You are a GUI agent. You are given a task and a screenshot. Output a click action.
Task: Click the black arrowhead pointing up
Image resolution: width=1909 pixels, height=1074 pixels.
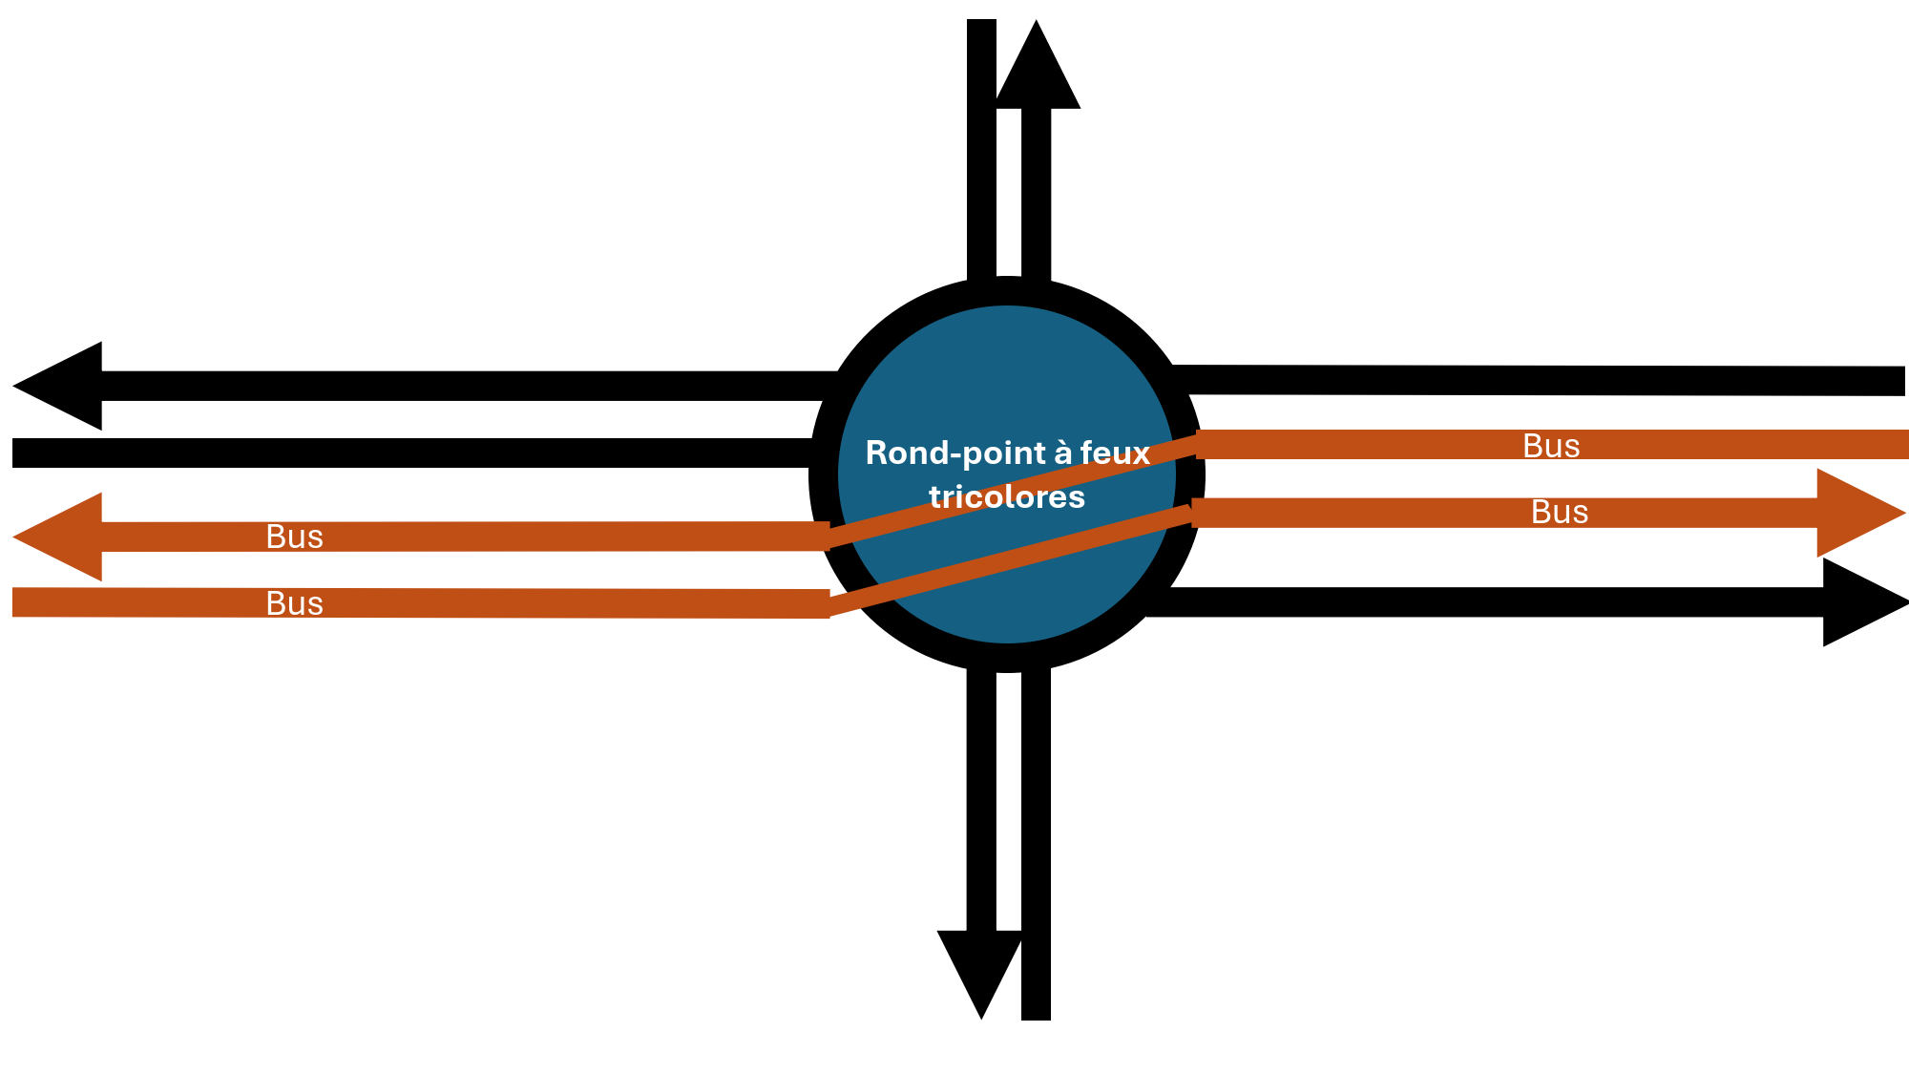coord(1037,67)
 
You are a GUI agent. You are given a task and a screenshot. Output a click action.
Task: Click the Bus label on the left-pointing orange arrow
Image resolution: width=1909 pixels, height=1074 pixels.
coord(294,537)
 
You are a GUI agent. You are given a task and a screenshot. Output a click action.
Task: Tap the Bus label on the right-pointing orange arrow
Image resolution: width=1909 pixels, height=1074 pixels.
coord(1560,513)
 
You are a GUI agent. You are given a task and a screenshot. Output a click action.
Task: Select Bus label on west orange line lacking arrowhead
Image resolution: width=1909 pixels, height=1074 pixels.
coord(294,603)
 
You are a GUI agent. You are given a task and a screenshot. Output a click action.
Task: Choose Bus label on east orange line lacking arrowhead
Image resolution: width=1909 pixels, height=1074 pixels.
coord(1551,446)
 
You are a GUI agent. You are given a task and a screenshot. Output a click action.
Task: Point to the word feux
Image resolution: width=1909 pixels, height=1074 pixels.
coord(1115,453)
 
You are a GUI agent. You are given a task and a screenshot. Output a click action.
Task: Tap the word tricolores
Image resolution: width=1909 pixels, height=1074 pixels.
coord(1007,496)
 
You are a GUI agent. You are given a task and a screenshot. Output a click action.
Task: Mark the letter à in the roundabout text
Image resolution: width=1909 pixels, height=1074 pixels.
coord(1062,453)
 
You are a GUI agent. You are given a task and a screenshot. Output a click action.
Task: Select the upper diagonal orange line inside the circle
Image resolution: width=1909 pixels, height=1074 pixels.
coord(1012,491)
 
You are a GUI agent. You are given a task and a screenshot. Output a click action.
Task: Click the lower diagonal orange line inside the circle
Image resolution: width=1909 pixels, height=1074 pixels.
coord(1010,560)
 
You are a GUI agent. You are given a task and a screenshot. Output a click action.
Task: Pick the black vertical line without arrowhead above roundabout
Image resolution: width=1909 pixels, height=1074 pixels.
coord(981,151)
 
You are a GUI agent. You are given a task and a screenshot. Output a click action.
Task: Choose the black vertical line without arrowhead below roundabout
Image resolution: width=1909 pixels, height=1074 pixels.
coord(1036,843)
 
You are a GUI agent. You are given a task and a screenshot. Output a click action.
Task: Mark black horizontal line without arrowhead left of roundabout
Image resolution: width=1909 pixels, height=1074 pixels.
coord(412,453)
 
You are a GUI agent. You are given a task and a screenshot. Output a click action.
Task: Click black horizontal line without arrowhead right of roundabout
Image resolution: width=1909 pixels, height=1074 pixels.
coord(1538,380)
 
